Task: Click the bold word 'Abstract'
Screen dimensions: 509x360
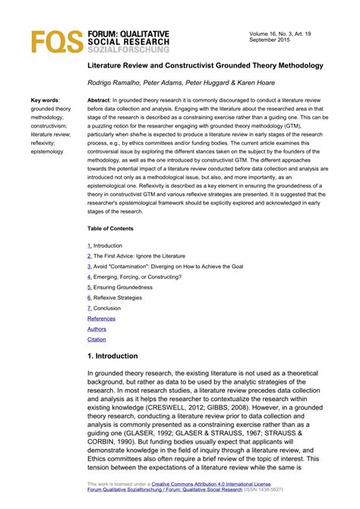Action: (x=99, y=100)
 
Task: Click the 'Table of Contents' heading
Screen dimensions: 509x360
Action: (x=110, y=229)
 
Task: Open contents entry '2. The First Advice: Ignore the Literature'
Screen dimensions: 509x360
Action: (x=137, y=256)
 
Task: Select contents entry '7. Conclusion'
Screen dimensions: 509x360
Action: (x=104, y=308)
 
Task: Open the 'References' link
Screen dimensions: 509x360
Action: (x=102, y=318)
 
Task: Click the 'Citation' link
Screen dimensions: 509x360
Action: (x=97, y=340)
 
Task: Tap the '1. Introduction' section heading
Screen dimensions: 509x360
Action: (x=112, y=356)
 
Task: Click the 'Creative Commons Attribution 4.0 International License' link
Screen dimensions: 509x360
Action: (x=211, y=483)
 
